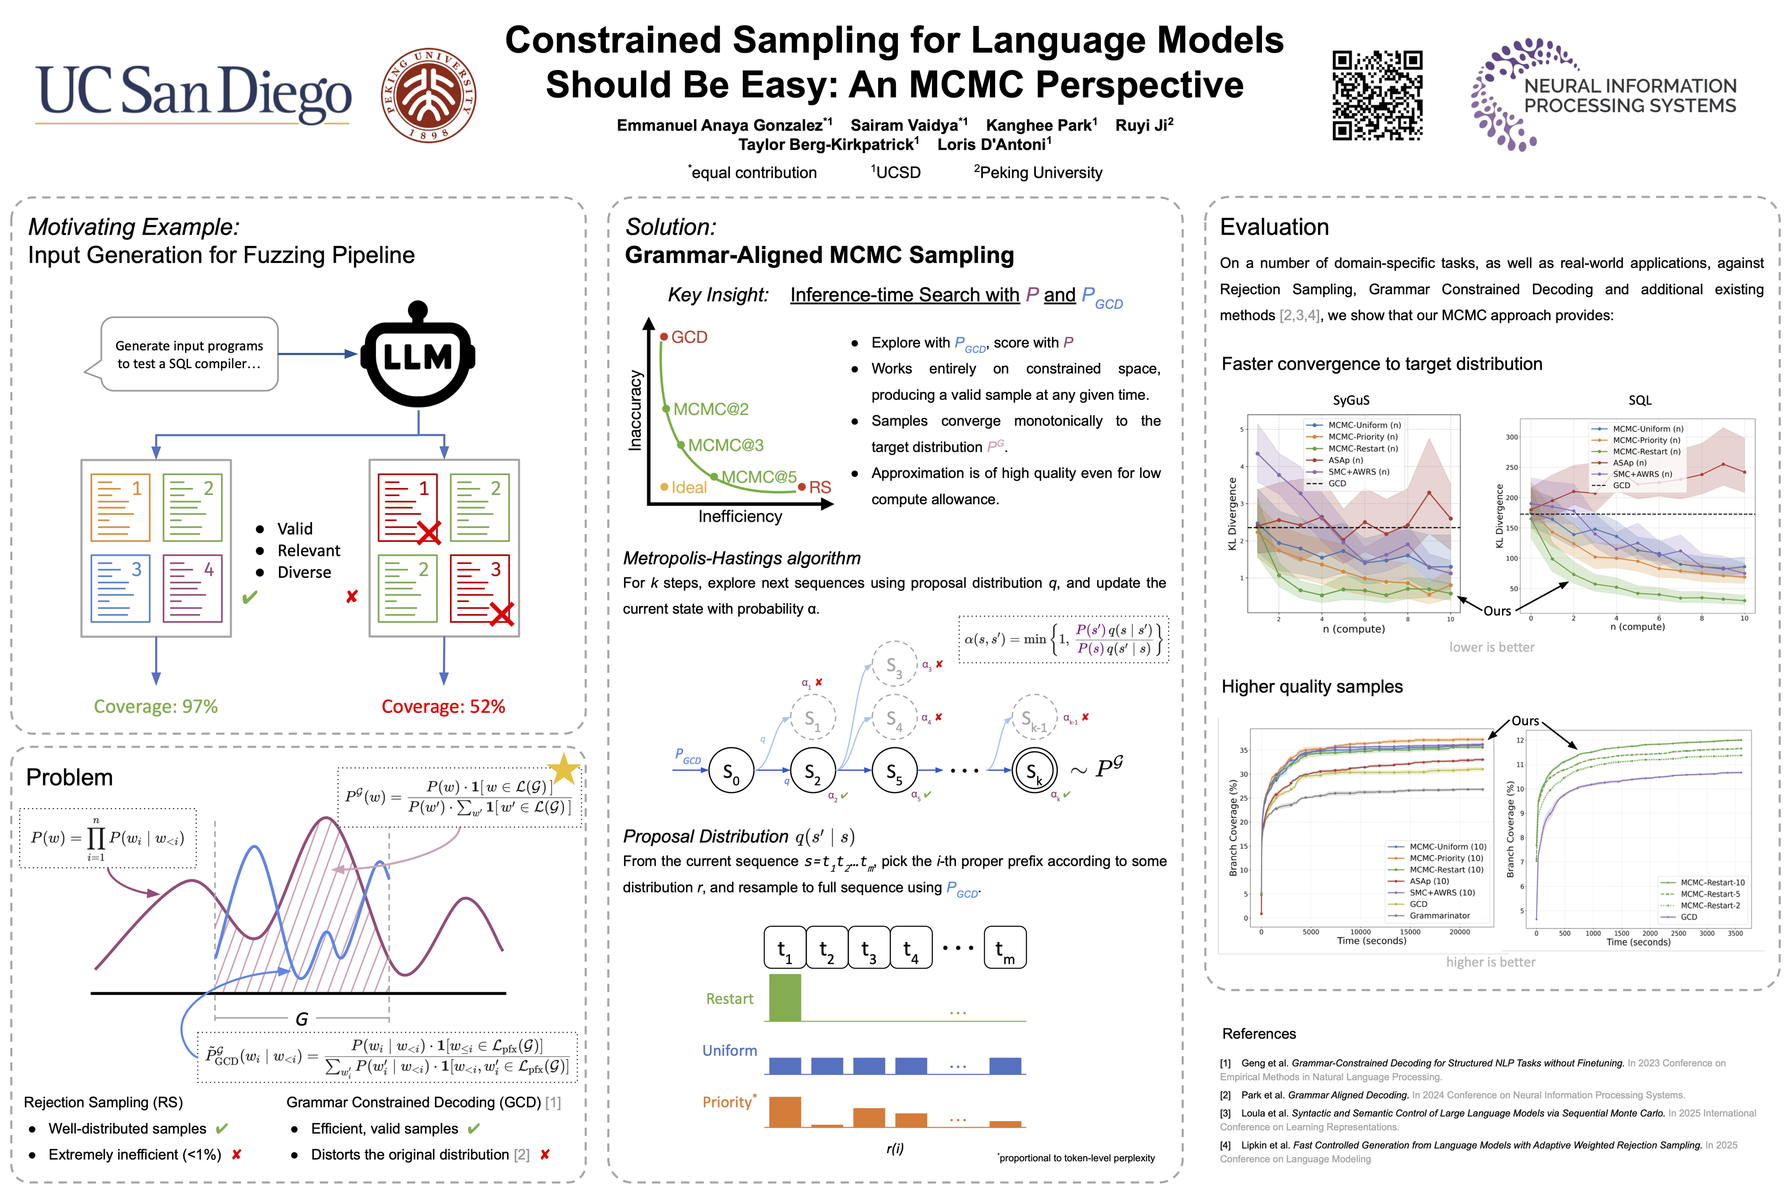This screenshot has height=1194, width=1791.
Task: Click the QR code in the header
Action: click(1377, 95)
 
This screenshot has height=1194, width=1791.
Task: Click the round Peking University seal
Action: click(429, 95)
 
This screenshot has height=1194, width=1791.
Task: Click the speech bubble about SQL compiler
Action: click(189, 354)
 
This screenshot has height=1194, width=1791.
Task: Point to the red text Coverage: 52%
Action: click(443, 706)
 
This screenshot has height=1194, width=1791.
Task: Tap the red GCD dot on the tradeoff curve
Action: click(664, 337)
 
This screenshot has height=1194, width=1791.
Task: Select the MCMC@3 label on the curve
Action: click(726, 445)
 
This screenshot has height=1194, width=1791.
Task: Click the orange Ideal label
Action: click(688, 488)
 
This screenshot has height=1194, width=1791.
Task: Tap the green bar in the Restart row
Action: click(784, 997)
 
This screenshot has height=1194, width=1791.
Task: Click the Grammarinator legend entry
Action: click(1439, 915)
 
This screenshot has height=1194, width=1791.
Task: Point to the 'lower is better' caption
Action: click(1491, 647)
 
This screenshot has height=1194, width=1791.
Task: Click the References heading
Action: click(1259, 1033)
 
